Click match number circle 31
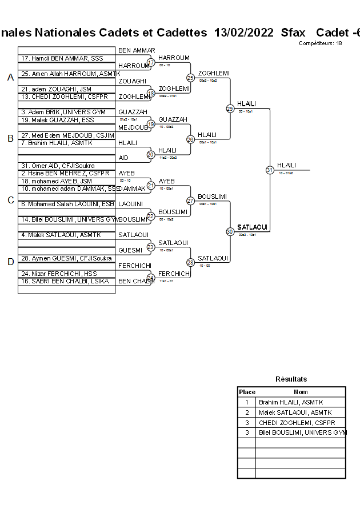pyautogui.click(x=270, y=170)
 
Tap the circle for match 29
pyautogui.click(x=230, y=109)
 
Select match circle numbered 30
pyautogui.click(x=230, y=231)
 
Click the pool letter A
pyautogui.click(x=10, y=77)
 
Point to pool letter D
pyautogui.click(x=10, y=262)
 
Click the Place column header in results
pyautogui.click(x=247, y=392)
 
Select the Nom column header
pyautogui.click(x=301, y=392)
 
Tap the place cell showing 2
pyautogui.click(x=247, y=412)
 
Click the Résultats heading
pyautogui.click(x=291, y=379)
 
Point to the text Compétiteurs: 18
pyautogui.click(x=320, y=43)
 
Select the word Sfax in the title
pyautogui.click(x=293, y=33)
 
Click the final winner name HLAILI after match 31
pyautogui.click(x=286, y=165)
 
